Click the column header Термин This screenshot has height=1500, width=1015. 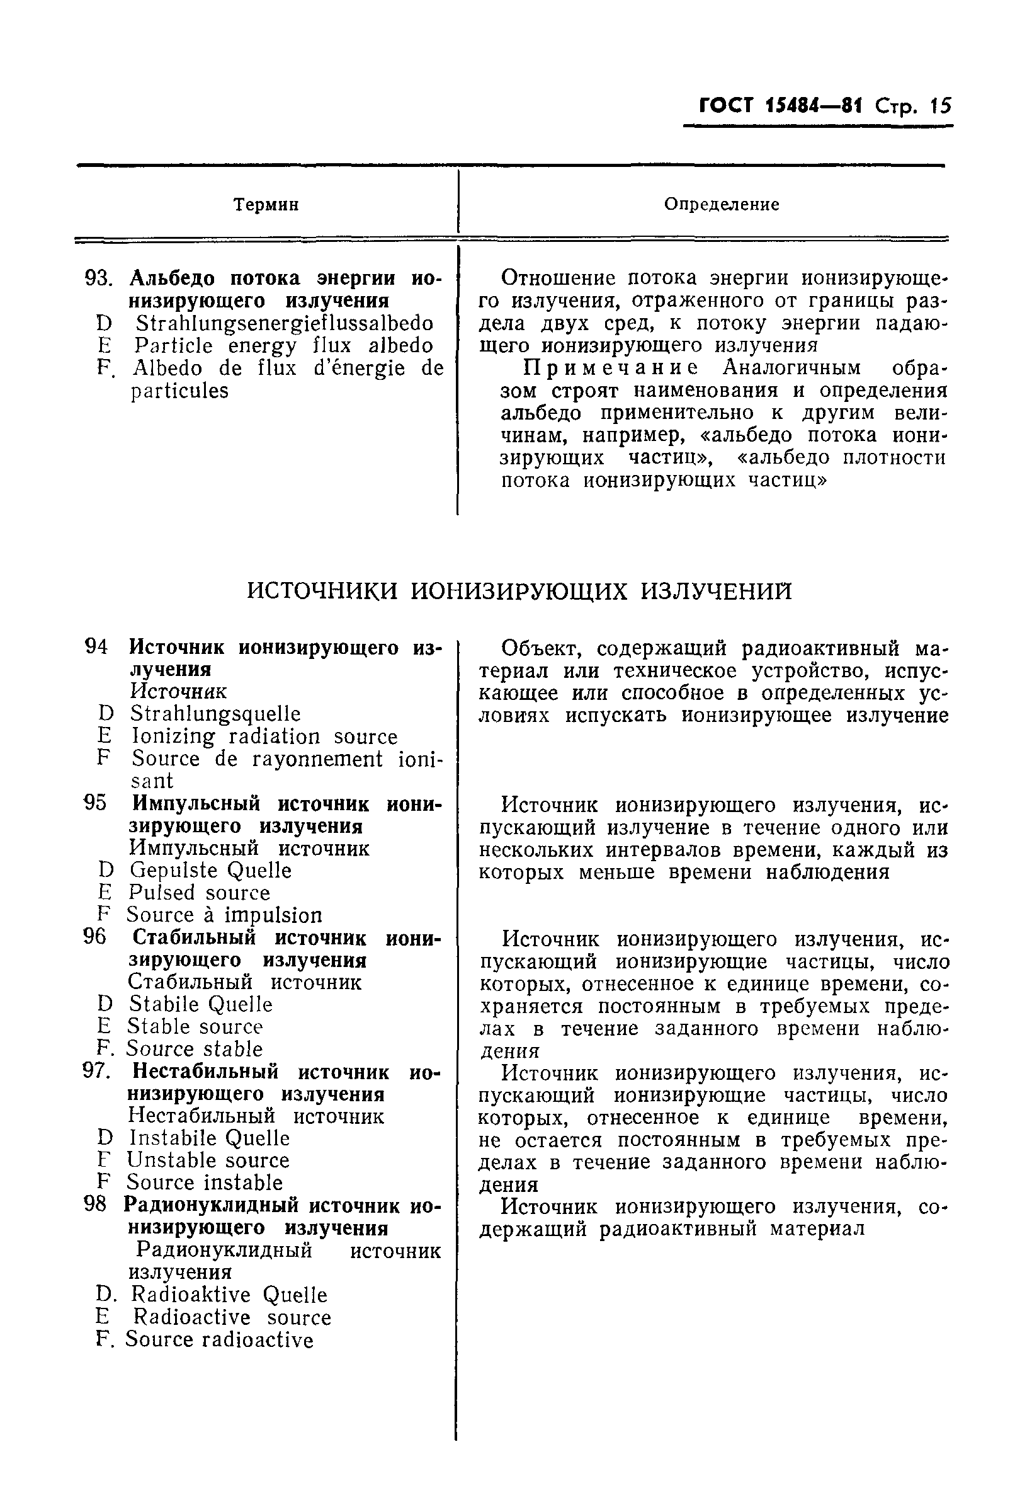pyautogui.click(x=266, y=205)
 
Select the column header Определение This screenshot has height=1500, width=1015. pyautogui.click(x=722, y=205)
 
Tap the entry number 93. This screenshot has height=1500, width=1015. pyautogui.click(x=98, y=279)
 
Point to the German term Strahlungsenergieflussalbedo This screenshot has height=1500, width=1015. pyautogui.click(x=284, y=323)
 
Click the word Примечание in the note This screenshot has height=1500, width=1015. pyautogui.click(x=610, y=368)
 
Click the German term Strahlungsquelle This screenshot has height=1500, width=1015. pyautogui.click(x=215, y=714)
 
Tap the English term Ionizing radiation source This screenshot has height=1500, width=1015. pyautogui.click(x=264, y=736)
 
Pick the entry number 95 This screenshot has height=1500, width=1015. pyautogui.click(x=95, y=804)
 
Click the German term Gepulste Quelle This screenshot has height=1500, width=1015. pyautogui.click(x=210, y=871)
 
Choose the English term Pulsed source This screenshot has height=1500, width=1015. pyautogui.click(x=199, y=893)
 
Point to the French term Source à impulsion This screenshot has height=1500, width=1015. pyautogui.click(x=224, y=915)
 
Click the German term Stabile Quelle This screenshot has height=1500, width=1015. pyautogui.click(x=201, y=1004)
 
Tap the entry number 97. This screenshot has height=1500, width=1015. pyautogui.click(x=98, y=1072)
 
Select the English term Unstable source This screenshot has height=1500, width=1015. pyautogui.click(x=208, y=1160)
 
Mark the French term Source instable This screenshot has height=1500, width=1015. pyautogui.click(x=205, y=1182)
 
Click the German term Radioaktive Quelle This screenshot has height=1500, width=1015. pyautogui.click(x=229, y=1295)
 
